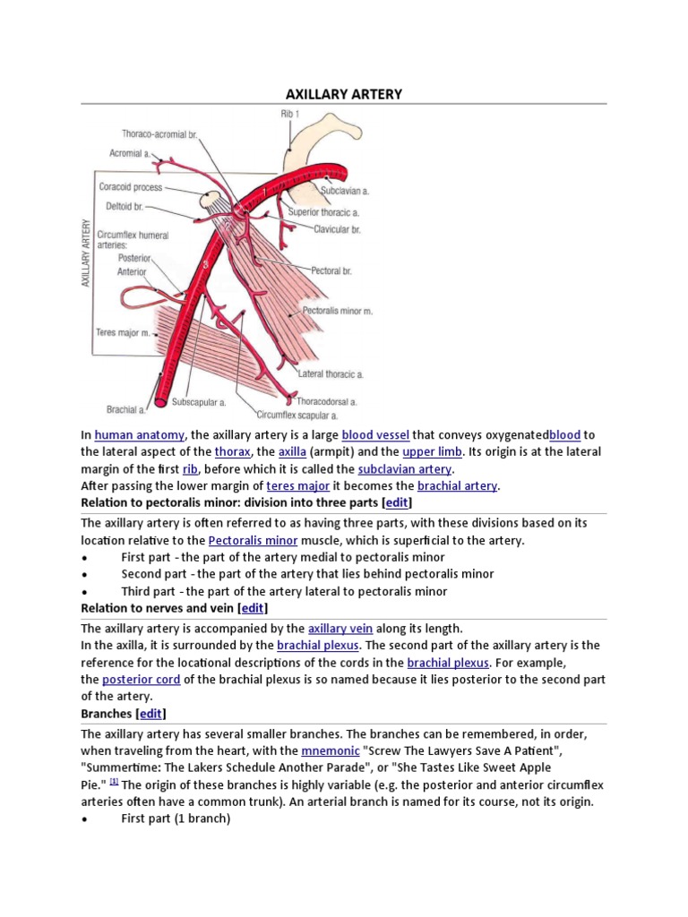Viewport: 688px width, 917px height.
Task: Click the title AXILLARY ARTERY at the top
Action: tap(343, 93)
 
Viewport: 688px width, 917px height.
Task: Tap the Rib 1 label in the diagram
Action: tap(290, 114)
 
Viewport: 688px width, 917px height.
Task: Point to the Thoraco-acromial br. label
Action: tap(160, 133)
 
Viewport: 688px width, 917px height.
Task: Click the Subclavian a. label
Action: tap(345, 191)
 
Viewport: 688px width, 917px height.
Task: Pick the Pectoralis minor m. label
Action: tap(338, 310)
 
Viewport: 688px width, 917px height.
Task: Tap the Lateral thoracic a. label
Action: tap(331, 373)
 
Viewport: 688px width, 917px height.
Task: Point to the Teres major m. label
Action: tap(120, 332)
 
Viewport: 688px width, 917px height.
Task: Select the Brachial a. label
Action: tap(125, 409)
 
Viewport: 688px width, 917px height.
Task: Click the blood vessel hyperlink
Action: tap(375, 435)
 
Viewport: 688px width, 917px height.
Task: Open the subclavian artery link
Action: tap(405, 469)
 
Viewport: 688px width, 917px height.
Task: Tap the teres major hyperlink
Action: tap(298, 486)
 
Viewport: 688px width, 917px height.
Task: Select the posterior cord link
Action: tap(142, 680)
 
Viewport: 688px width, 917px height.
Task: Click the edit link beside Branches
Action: tap(150, 714)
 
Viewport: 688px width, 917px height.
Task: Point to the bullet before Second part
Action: tap(84, 574)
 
